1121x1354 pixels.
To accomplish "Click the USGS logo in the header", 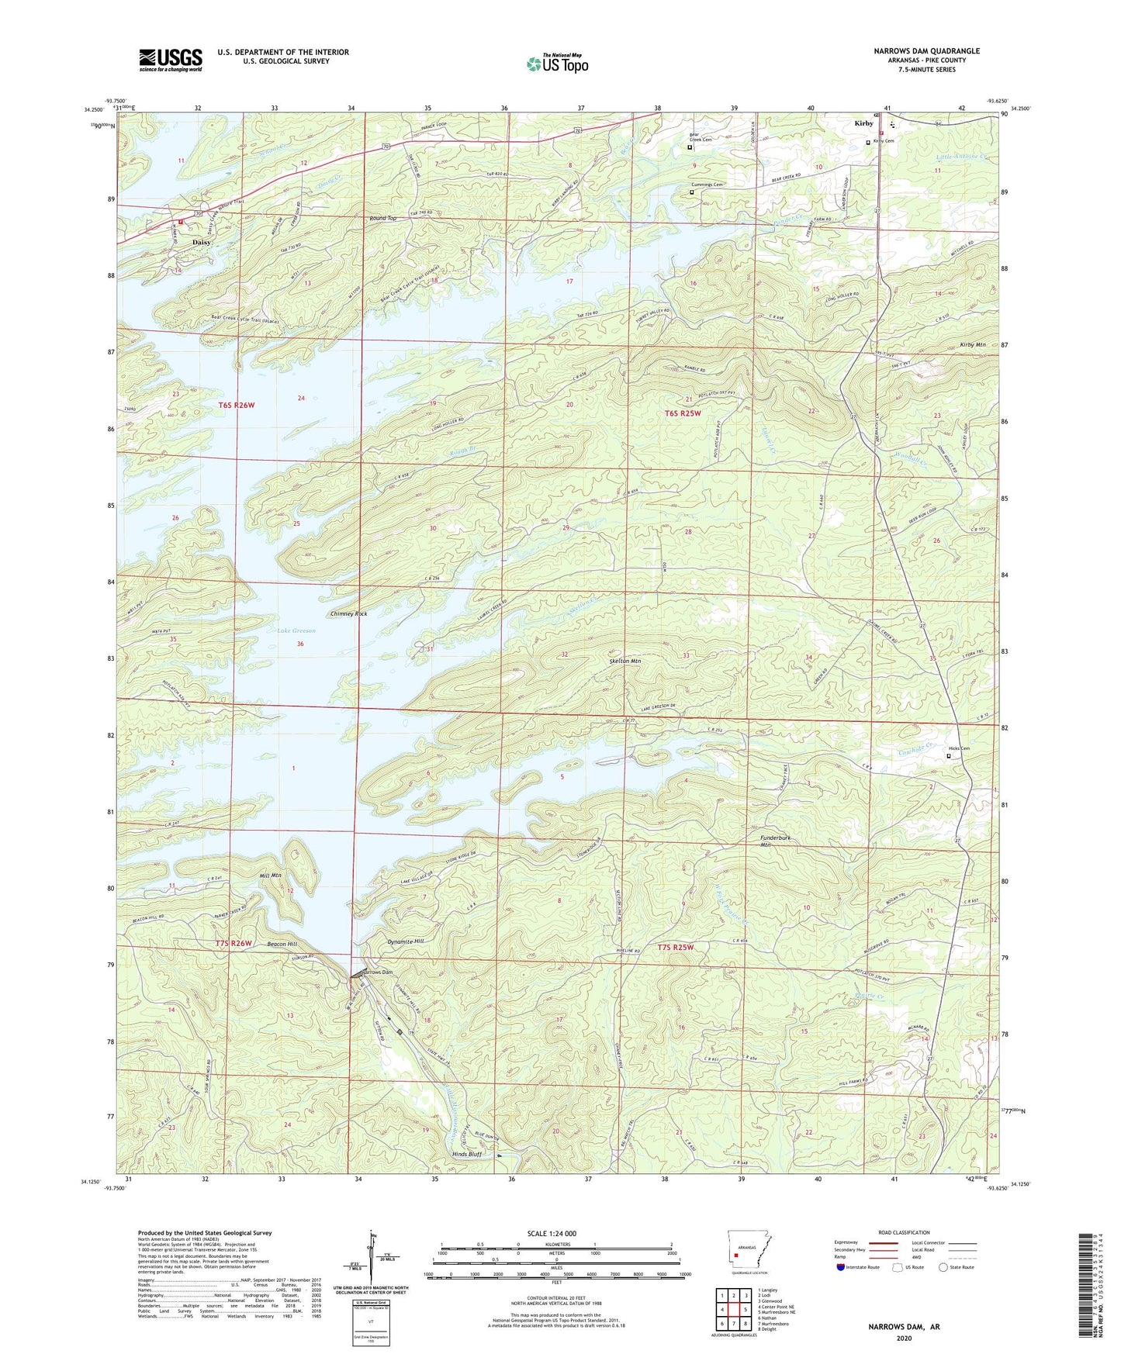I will tap(171, 60).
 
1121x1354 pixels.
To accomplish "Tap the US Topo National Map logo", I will tap(557, 64).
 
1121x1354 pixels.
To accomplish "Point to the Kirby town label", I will tap(863, 123).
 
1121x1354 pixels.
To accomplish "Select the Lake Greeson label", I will tap(296, 630).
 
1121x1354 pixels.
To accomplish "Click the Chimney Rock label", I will tap(348, 613).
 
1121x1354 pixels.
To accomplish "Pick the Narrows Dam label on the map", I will tap(375, 972).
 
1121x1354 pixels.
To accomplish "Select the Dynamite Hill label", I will tap(405, 941).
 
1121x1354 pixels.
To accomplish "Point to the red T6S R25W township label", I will tap(682, 413).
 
